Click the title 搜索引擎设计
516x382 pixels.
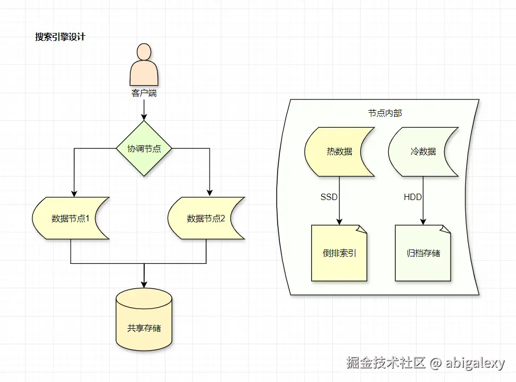[x=60, y=37]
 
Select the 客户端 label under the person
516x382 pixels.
[x=144, y=93]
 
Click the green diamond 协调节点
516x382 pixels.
[x=144, y=148]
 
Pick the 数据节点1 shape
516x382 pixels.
[x=70, y=218]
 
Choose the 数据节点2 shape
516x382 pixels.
[x=206, y=218]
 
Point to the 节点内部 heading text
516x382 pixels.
[x=385, y=113]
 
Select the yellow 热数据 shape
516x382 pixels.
[x=339, y=152]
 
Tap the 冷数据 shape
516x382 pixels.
[x=423, y=152]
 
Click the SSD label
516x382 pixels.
[x=329, y=197]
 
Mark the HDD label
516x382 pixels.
[x=413, y=197]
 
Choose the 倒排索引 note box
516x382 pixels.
[x=339, y=253]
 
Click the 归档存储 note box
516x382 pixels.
[x=423, y=253]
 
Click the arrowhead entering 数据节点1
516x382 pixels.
[x=74, y=193]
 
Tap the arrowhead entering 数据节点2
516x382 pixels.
[x=210, y=193]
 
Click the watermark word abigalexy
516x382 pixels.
[x=475, y=363]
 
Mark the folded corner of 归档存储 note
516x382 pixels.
[x=446, y=229]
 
